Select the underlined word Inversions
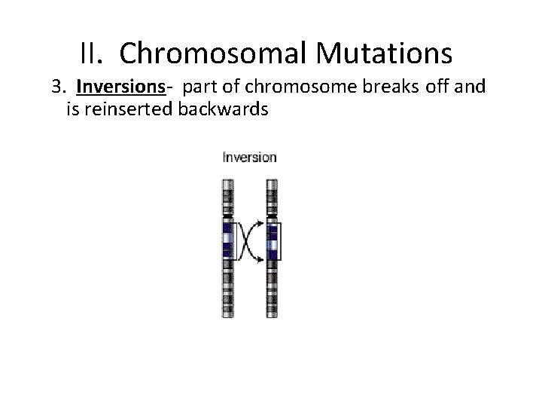pos(120,87)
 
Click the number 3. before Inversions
pos(59,87)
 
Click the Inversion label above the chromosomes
pos(249,158)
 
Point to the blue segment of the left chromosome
pos(227,241)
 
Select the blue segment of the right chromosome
pos(271,241)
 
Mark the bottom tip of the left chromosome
pos(227,314)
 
